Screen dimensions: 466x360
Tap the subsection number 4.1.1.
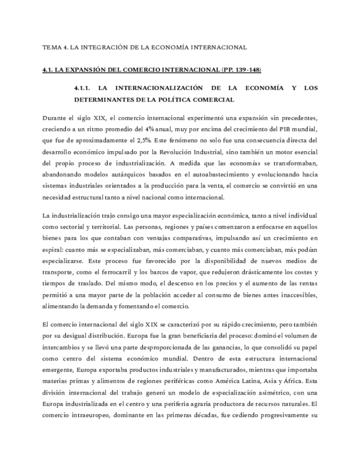click(85, 88)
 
